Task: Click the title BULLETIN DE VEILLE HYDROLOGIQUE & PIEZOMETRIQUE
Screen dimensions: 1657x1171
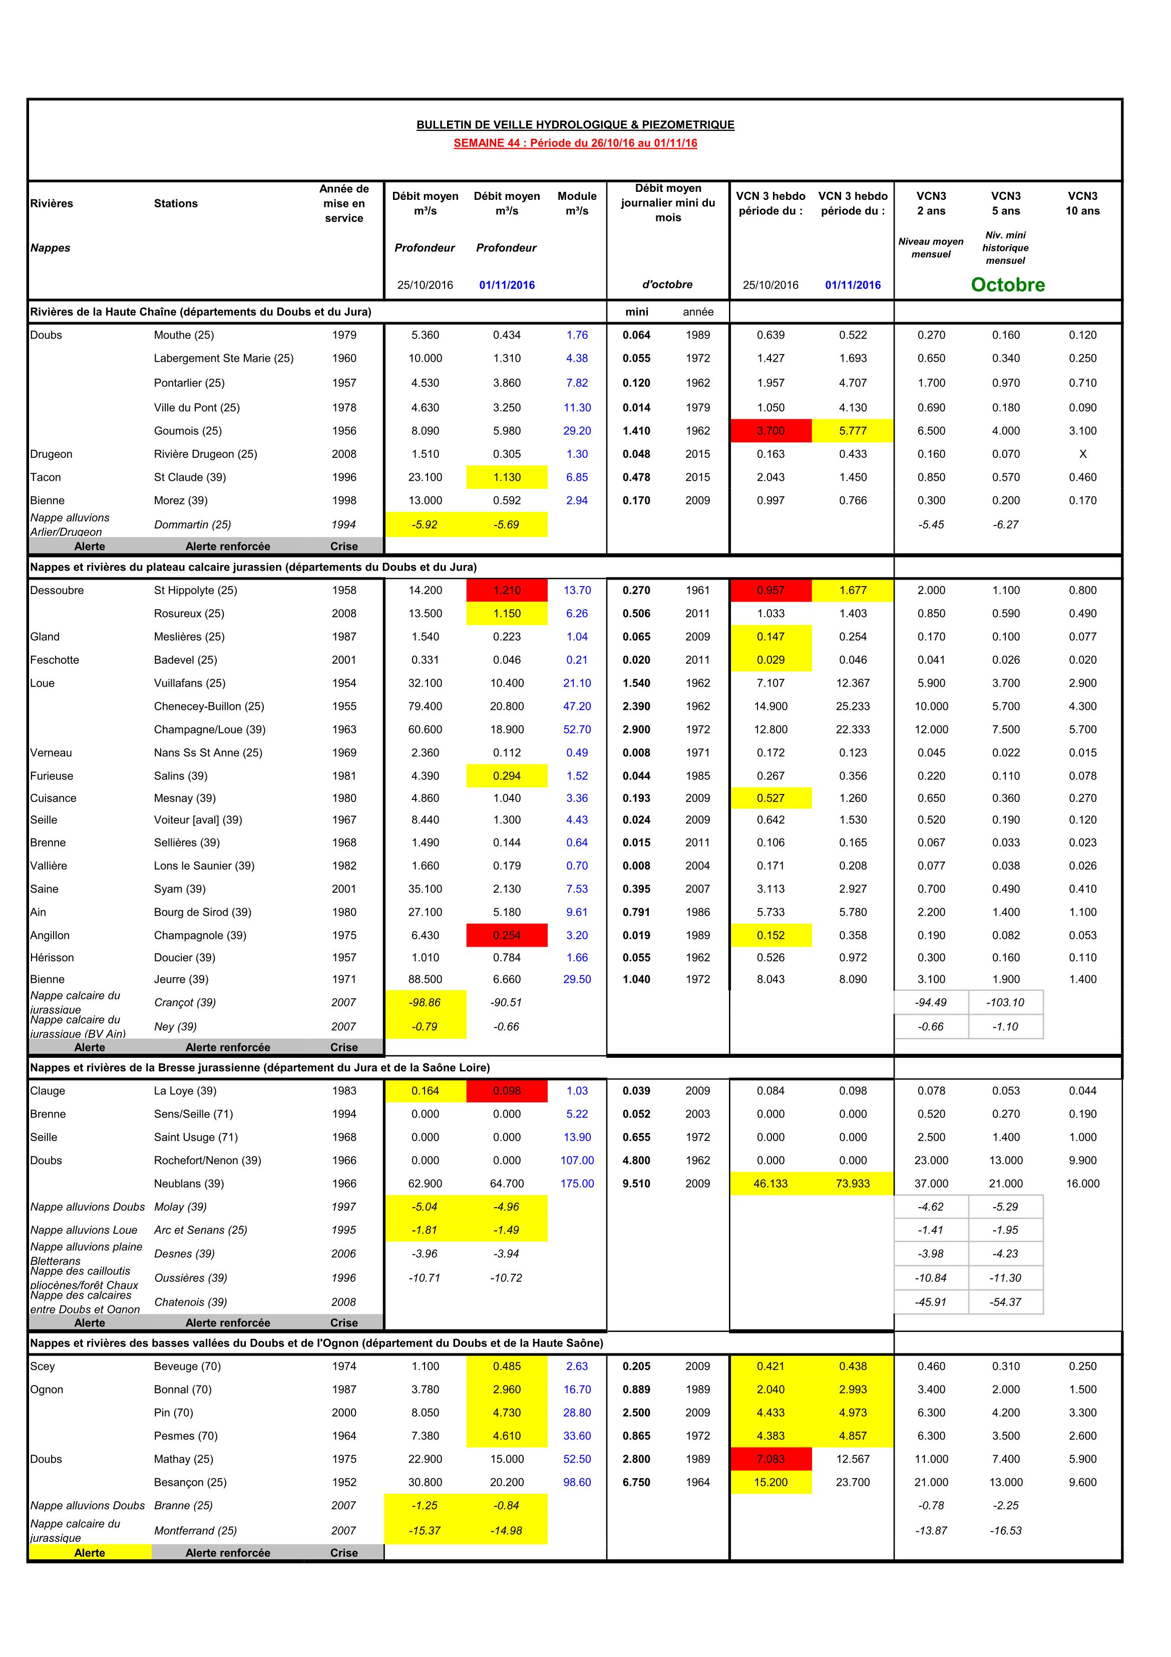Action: [575, 125]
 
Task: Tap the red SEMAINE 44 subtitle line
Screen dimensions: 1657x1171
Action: [575, 143]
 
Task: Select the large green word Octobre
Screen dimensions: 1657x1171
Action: [1007, 285]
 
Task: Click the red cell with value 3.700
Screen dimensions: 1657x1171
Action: [770, 431]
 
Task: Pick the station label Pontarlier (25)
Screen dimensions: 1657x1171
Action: [189, 383]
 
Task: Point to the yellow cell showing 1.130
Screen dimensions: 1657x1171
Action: [507, 477]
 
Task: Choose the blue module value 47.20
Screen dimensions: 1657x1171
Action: [576, 707]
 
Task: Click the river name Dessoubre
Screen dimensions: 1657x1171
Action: [57, 591]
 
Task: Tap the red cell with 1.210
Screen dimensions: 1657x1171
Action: [507, 591]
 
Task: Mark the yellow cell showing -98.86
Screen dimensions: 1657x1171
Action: [425, 1002]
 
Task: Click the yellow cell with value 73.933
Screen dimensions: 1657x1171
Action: [852, 1184]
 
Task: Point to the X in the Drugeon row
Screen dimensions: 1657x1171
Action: [1082, 454]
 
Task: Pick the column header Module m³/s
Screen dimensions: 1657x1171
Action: [576, 203]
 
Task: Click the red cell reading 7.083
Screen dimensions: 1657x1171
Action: [770, 1459]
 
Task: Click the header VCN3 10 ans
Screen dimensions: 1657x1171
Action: [1082, 203]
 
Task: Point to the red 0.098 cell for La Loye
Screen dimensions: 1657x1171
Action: [507, 1090]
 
